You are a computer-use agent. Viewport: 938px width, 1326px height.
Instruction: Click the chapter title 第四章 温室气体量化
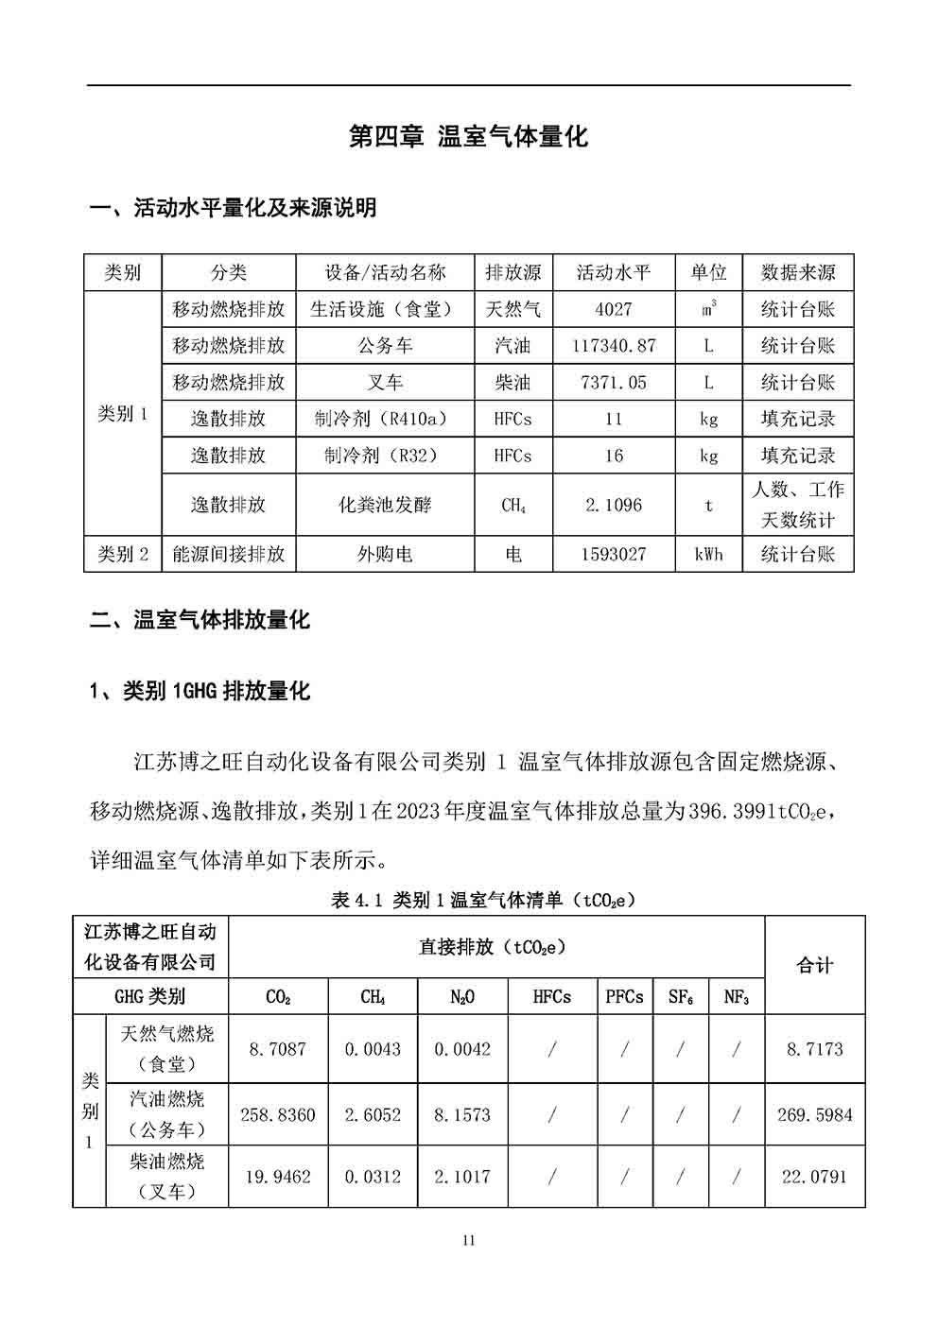(x=468, y=137)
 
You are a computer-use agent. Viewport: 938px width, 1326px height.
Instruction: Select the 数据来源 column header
(x=797, y=273)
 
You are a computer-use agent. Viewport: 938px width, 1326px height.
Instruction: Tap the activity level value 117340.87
(x=614, y=346)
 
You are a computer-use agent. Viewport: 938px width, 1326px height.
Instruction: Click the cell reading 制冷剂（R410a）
(x=385, y=419)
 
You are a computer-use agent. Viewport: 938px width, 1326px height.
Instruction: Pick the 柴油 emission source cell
(x=512, y=383)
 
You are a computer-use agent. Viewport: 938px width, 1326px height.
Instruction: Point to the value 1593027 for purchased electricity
(x=614, y=555)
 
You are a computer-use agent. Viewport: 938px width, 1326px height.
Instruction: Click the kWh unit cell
(x=708, y=555)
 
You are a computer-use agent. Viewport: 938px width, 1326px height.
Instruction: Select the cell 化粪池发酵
(x=385, y=505)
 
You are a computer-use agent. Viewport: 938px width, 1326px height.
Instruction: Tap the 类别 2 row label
(x=123, y=555)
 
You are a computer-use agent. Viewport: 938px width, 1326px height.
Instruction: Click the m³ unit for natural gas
(x=708, y=309)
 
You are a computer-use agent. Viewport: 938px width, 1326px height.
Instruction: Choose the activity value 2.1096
(x=614, y=505)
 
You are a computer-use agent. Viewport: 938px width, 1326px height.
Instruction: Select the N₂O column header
(x=462, y=997)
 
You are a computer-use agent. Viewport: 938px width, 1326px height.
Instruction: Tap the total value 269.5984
(x=814, y=1115)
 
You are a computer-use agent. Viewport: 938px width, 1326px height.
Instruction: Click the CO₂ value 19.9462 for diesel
(x=278, y=1177)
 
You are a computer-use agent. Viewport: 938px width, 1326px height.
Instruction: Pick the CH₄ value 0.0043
(x=373, y=1049)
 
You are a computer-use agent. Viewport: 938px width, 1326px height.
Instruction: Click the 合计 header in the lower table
(x=814, y=965)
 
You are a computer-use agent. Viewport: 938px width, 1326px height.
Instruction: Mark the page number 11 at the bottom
(x=469, y=1241)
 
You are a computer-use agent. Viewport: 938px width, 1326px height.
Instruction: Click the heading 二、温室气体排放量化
(x=200, y=621)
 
